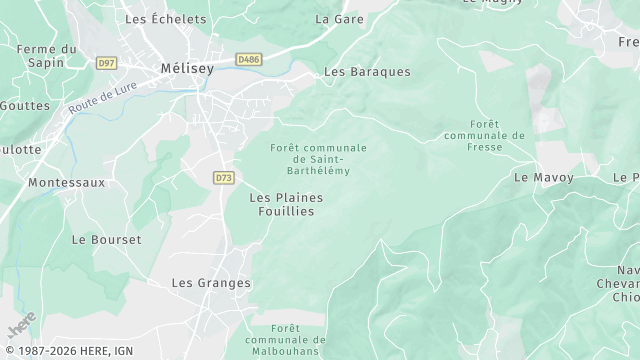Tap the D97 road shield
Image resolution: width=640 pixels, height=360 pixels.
[107, 63]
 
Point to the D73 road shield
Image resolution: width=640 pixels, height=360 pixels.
[223, 177]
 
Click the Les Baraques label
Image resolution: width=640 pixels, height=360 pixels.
[367, 72]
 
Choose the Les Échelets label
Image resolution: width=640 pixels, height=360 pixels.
[165, 19]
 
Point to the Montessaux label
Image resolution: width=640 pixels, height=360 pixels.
[66, 183]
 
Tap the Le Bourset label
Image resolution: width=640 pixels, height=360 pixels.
[106, 240]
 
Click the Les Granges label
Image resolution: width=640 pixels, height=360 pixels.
[211, 283]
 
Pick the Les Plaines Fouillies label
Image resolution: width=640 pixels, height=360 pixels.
[286, 204]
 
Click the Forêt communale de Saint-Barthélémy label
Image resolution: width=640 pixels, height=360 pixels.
[318, 159]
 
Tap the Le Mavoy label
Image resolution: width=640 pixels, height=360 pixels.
[544, 177]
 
